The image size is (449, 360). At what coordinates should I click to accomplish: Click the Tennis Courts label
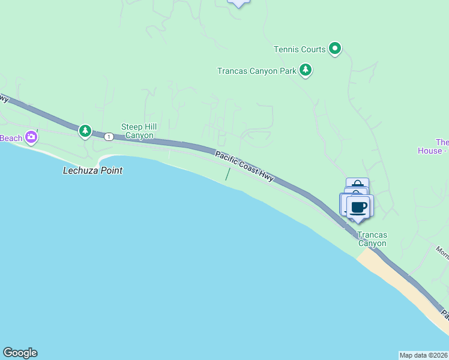click(299, 49)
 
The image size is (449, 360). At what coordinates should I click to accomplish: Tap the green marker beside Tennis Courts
click(335, 49)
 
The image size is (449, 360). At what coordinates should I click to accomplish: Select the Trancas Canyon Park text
click(256, 71)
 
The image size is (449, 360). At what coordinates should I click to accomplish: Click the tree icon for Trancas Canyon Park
click(306, 70)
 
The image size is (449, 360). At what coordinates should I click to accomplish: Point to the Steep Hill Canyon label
click(139, 131)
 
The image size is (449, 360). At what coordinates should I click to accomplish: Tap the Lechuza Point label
click(92, 170)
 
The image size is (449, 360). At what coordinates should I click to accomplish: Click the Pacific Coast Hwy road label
click(244, 166)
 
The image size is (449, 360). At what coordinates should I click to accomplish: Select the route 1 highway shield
click(108, 137)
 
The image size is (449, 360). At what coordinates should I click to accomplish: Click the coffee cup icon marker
click(358, 208)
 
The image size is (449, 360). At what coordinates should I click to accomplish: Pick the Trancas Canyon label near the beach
click(372, 239)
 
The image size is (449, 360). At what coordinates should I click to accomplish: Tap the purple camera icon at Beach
click(31, 137)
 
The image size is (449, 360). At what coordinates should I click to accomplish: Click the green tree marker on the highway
click(85, 130)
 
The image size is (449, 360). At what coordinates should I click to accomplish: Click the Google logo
click(20, 353)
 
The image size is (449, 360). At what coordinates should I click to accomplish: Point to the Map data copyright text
click(423, 355)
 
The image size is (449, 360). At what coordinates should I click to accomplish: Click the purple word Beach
click(10, 138)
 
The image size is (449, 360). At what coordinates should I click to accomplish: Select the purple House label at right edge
click(430, 151)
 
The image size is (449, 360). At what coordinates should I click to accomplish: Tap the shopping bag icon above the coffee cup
click(357, 184)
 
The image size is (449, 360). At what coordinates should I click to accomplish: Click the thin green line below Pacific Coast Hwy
click(227, 174)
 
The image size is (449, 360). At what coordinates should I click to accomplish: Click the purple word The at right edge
click(442, 142)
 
